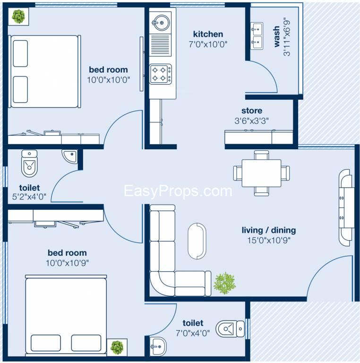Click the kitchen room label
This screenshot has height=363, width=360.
point(208,34)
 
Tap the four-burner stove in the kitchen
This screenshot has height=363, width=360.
point(160,74)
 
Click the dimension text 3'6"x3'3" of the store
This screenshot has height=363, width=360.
point(252,120)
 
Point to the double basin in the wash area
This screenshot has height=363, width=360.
point(257,36)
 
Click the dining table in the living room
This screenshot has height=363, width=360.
point(261,173)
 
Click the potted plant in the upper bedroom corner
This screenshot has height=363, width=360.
point(18,17)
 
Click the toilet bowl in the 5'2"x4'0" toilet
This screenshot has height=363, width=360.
point(29,163)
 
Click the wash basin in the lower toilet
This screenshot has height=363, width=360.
point(156,347)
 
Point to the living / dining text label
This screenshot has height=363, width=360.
point(268,230)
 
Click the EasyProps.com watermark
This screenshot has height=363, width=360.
point(178,191)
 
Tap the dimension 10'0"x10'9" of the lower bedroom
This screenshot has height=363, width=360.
point(67,262)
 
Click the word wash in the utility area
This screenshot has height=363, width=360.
point(277,38)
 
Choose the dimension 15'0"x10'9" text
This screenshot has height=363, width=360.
point(268,240)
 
